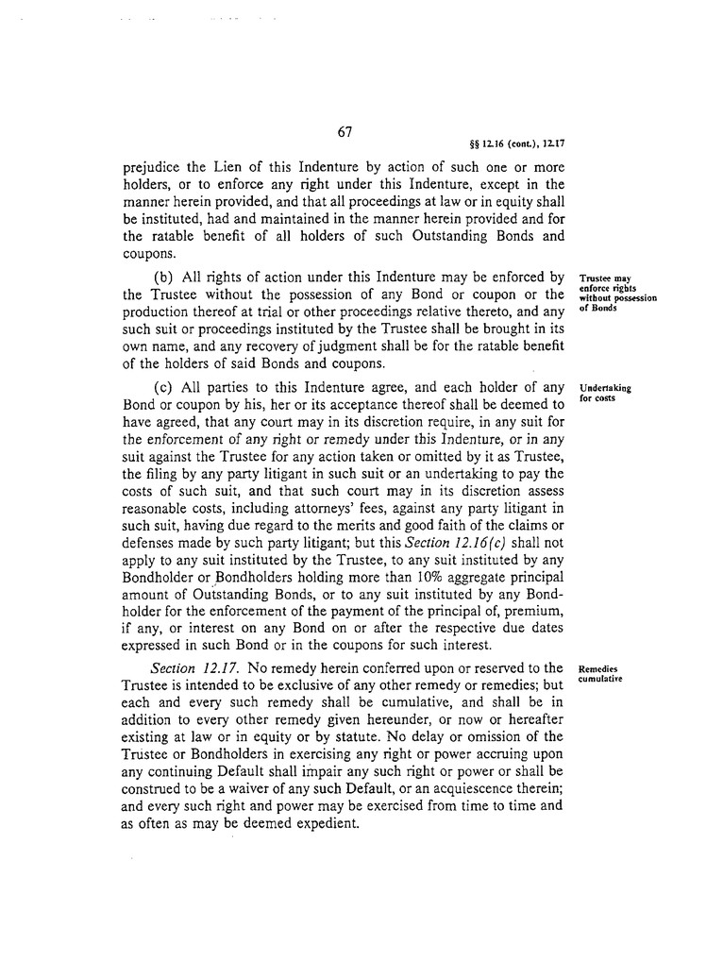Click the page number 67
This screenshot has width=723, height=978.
[344, 132]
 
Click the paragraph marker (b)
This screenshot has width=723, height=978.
[168, 277]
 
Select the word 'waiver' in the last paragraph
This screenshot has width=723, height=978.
[264, 784]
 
